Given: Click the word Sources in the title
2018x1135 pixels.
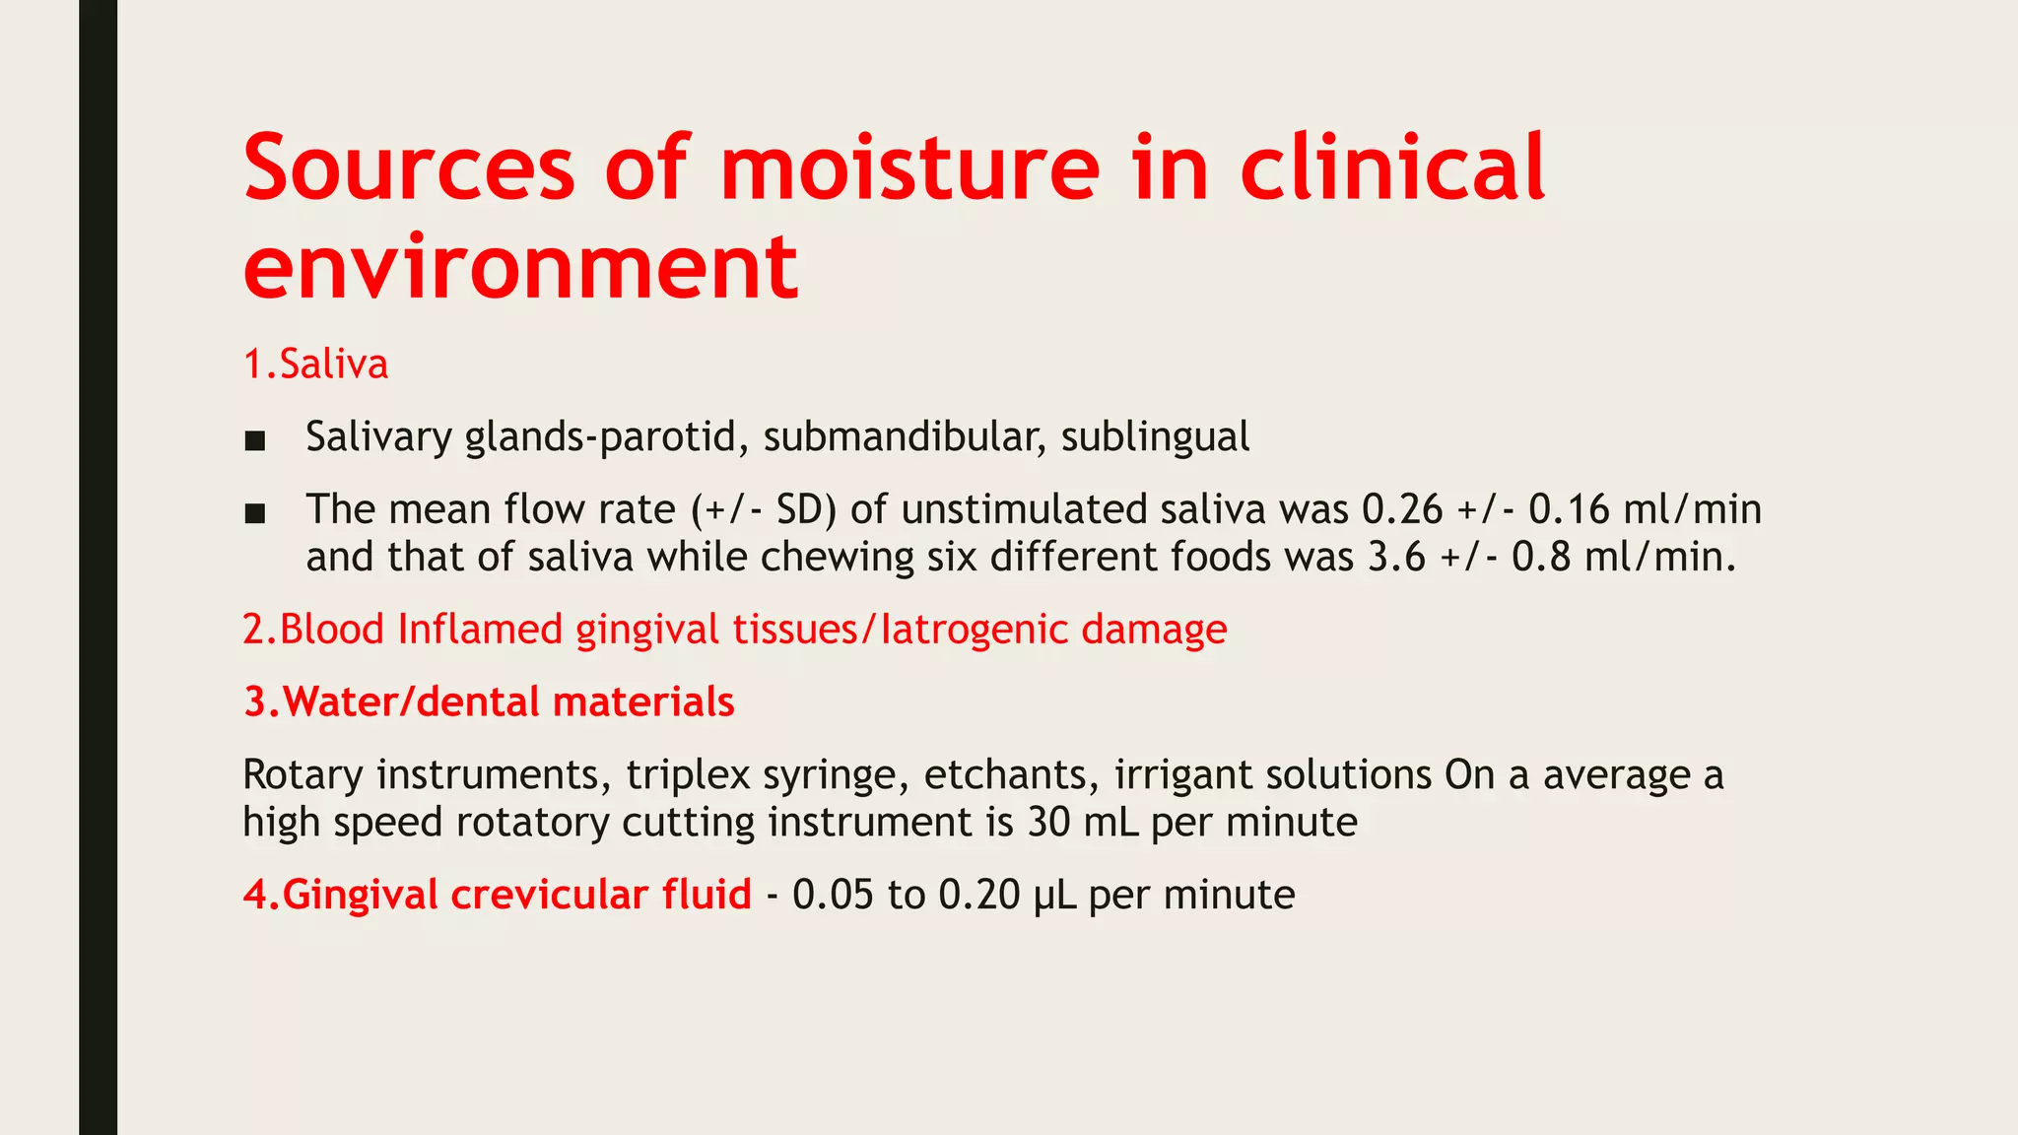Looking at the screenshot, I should pos(409,167).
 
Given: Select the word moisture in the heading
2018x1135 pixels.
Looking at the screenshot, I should pos(908,167).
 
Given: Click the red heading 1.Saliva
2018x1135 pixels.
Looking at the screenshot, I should pos(315,365).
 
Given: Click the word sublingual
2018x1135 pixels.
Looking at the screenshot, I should pos(1155,436).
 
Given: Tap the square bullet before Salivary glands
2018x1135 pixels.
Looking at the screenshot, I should pos(255,440).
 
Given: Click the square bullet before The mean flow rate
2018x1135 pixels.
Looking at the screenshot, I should pos(255,513).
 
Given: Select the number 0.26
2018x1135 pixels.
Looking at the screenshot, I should pos(1402,509).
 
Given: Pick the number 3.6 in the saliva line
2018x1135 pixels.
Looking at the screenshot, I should pos(1396,558).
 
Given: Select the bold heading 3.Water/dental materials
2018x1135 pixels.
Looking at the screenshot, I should pos(489,702).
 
